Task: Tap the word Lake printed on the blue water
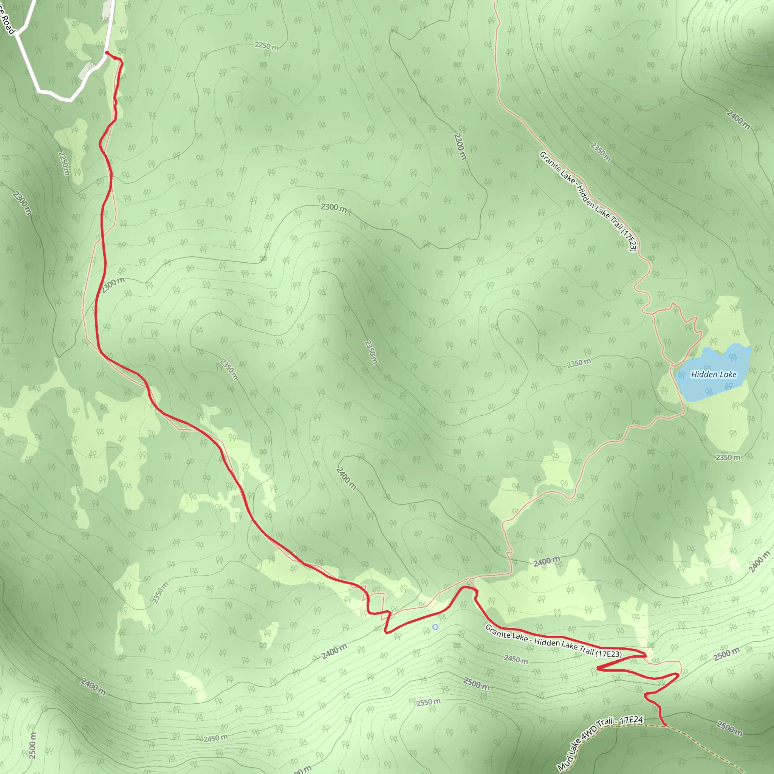pyautogui.click(x=728, y=375)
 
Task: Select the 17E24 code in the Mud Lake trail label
pyautogui.click(x=632, y=720)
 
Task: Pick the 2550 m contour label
pyautogui.click(x=428, y=702)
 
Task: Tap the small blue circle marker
pyautogui.click(x=435, y=627)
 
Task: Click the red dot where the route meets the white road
pyautogui.click(x=107, y=53)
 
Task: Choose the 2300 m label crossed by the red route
pyautogui.click(x=113, y=285)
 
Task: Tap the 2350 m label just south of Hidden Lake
pyautogui.click(x=728, y=457)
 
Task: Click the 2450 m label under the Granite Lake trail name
pyautogui.click(x=516, y=659)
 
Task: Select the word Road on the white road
pyautogui.click(x=8, y=24)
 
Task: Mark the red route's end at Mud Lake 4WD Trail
pyautogui.click(x=666, y=725)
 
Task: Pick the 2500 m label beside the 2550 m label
pyautogui.click(x=476, y=683)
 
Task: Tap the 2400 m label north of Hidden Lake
pyautogui.click(x=738, y=119)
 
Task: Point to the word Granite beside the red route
pyautogui.click(x=499, y=631)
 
